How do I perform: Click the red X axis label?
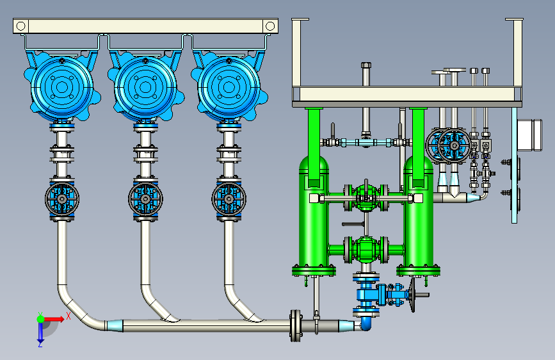pos(68,316)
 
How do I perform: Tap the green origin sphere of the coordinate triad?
pos(41,319)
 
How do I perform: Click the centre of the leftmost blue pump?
pos(62,86)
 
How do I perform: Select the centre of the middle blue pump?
pos(145,86)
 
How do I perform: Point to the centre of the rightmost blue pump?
pos(229,86)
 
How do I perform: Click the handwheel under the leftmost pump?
pos(62,199)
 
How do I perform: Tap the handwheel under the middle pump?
pos(145,199)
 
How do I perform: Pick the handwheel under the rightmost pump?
pos(229,199)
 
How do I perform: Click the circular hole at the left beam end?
pos(21,26)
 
